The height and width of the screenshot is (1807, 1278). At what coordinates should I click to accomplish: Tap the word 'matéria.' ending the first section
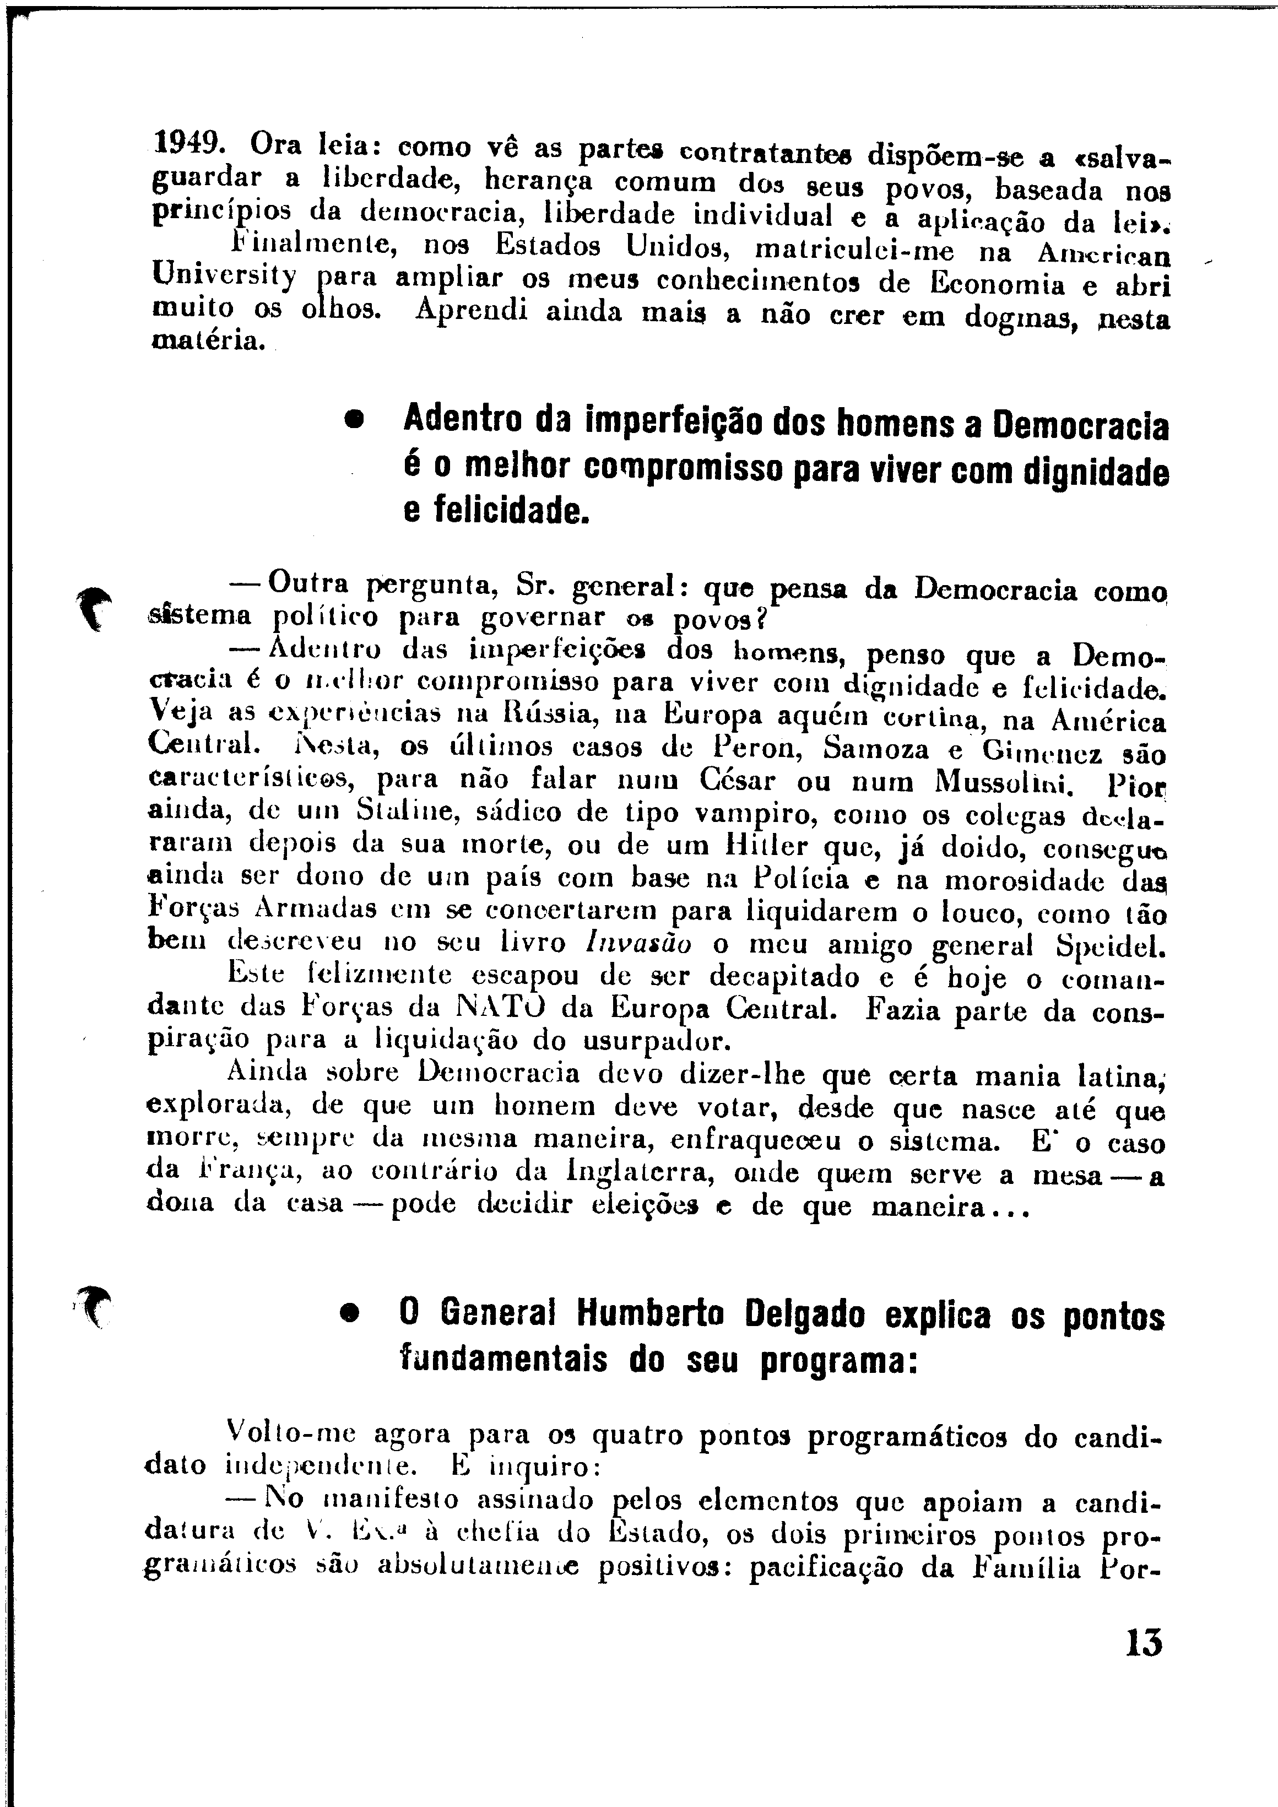[208, 342]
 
